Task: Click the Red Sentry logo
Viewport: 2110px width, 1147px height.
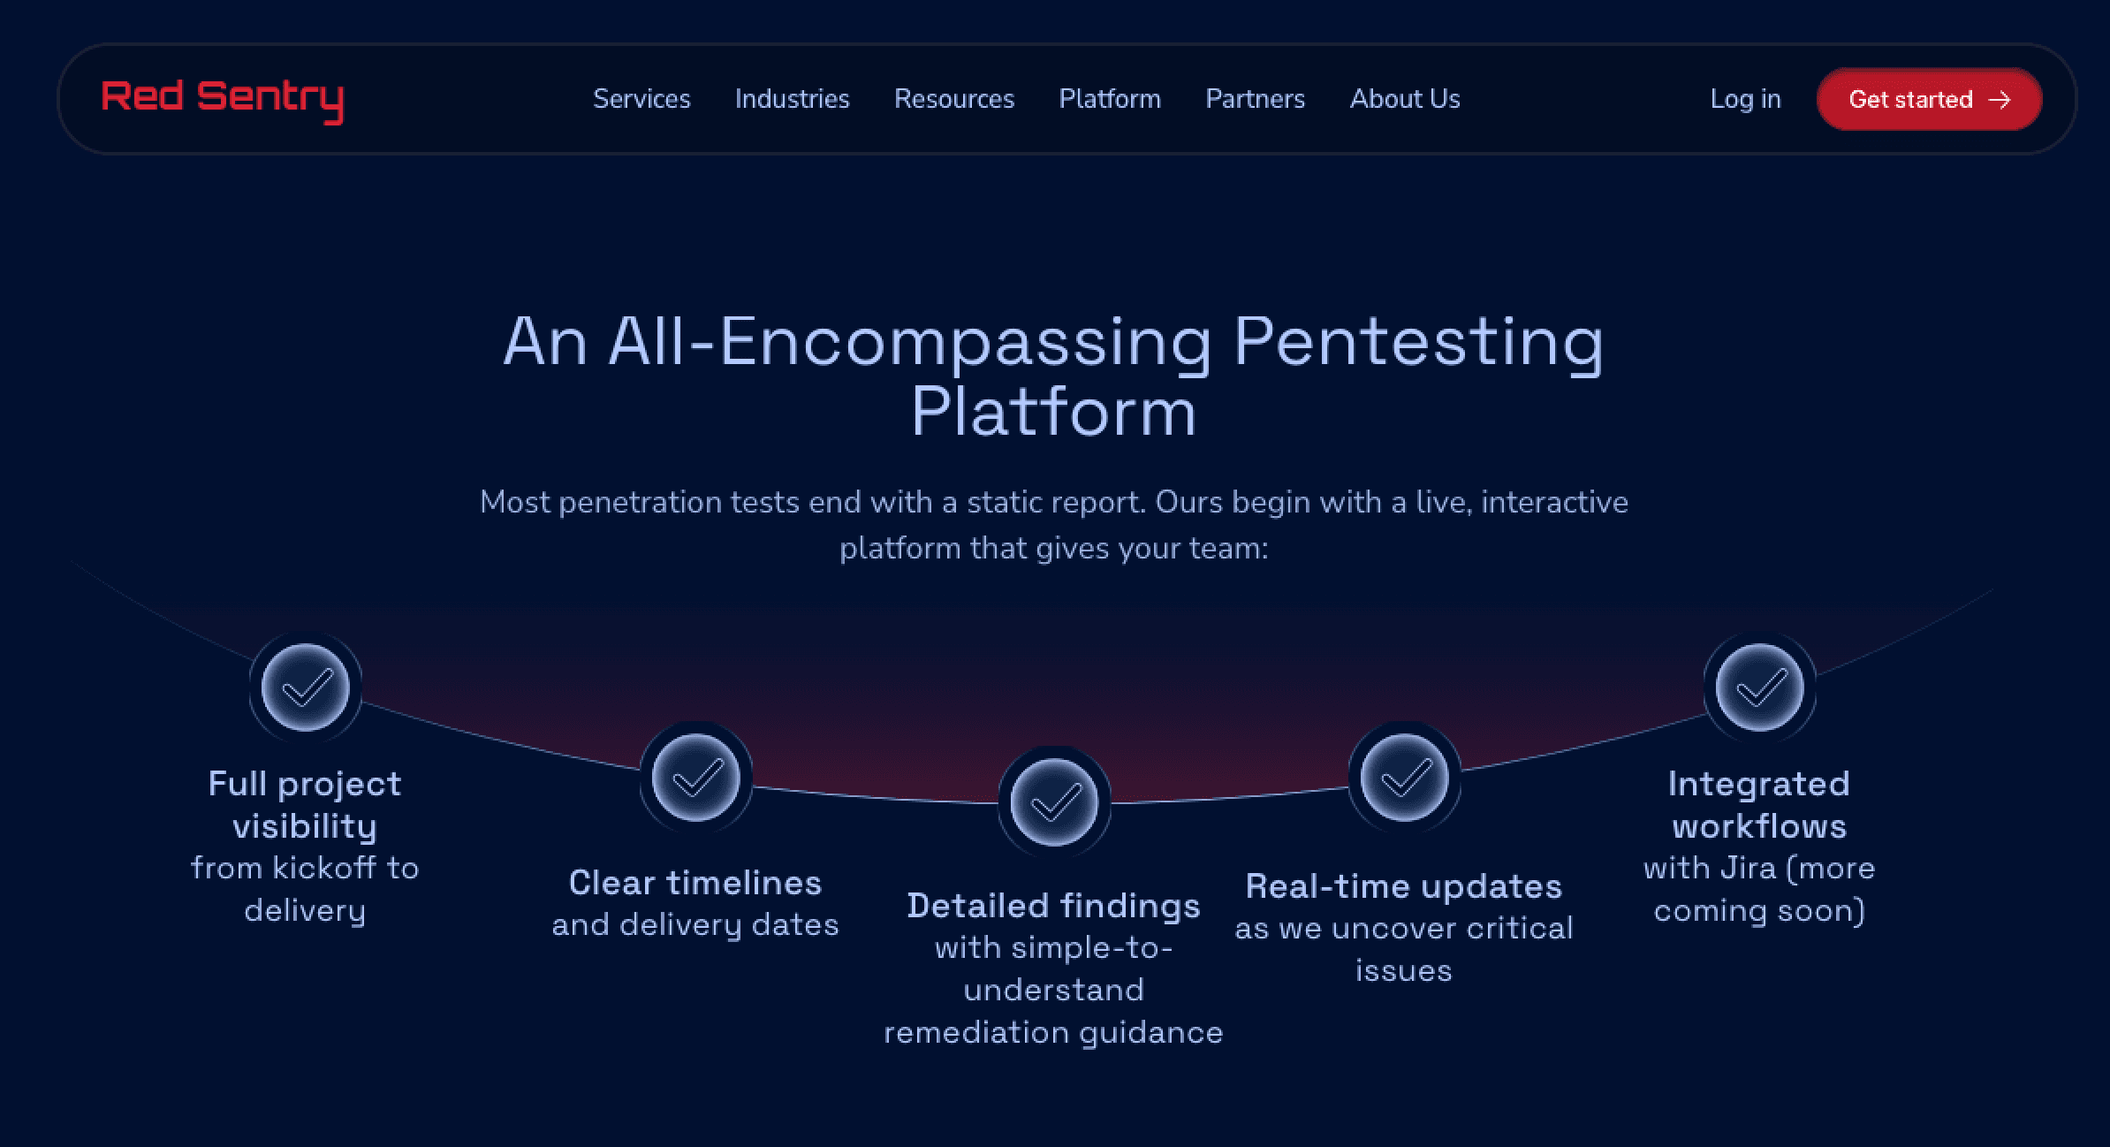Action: [x=222, y=99]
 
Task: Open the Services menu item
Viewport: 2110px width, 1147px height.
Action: [x=641, y=99]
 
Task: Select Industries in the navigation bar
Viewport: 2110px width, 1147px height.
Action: [x=792, y=99]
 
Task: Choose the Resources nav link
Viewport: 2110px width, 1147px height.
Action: [x=954, y=99]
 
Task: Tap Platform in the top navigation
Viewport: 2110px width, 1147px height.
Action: [x=1110, y=99]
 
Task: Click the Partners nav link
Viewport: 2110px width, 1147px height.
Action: [x=1255, y=99]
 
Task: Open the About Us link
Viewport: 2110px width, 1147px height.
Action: [x=1405, y=99]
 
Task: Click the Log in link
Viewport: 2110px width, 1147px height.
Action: [x=1745, y=99]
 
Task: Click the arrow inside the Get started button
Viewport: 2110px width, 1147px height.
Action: [x=2000, y=100]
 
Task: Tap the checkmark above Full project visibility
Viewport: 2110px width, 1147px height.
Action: [x=306, y=687]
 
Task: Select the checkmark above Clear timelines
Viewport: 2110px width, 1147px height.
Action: [x=696, y=778]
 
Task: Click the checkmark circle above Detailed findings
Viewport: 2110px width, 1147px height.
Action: [x=1054, y=801]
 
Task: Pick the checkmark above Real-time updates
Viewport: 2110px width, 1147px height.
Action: [x=1404, y=778]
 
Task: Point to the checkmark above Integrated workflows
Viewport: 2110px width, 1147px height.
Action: [x=1759, y=687]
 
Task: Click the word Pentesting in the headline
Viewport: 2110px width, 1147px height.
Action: [x=1417, y=342]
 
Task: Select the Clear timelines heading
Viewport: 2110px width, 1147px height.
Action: [x=695, y=883]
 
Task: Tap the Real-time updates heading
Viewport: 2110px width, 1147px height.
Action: [x=1403, y=886]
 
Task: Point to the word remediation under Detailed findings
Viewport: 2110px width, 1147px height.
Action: [x=975, y=1032]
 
